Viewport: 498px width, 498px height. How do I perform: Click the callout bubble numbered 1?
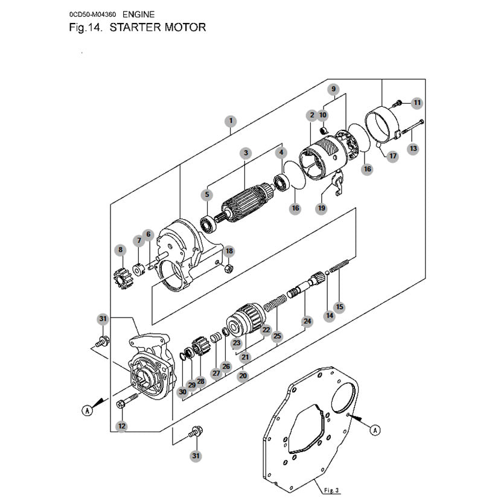(x=231, y=121)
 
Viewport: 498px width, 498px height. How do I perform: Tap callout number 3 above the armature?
(x=246, y=153)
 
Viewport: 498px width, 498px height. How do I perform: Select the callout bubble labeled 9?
(x=333, y=89)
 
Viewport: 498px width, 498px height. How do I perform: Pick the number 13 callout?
(x=413, y=148)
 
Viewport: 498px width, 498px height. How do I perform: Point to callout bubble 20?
(x=243, y=375)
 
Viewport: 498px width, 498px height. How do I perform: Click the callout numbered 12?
(x=122, y=426)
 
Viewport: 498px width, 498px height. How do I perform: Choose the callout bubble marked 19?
(x=321, y=208)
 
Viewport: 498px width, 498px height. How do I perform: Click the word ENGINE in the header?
(x=138, y=14)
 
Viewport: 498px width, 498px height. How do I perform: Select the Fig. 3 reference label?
(x=331, y=490)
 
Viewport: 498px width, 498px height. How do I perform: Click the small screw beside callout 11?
(x=397, y=103)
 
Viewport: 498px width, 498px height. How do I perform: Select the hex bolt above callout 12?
(x=127, y=400)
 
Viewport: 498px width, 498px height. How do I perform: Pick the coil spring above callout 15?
(x=339, y=266)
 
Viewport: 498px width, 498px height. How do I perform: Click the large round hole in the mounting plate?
(x=343, y=398)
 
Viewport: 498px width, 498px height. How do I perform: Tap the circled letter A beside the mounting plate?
(x=375, y=430)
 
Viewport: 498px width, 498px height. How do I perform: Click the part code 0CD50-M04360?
(x=92, y=14)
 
